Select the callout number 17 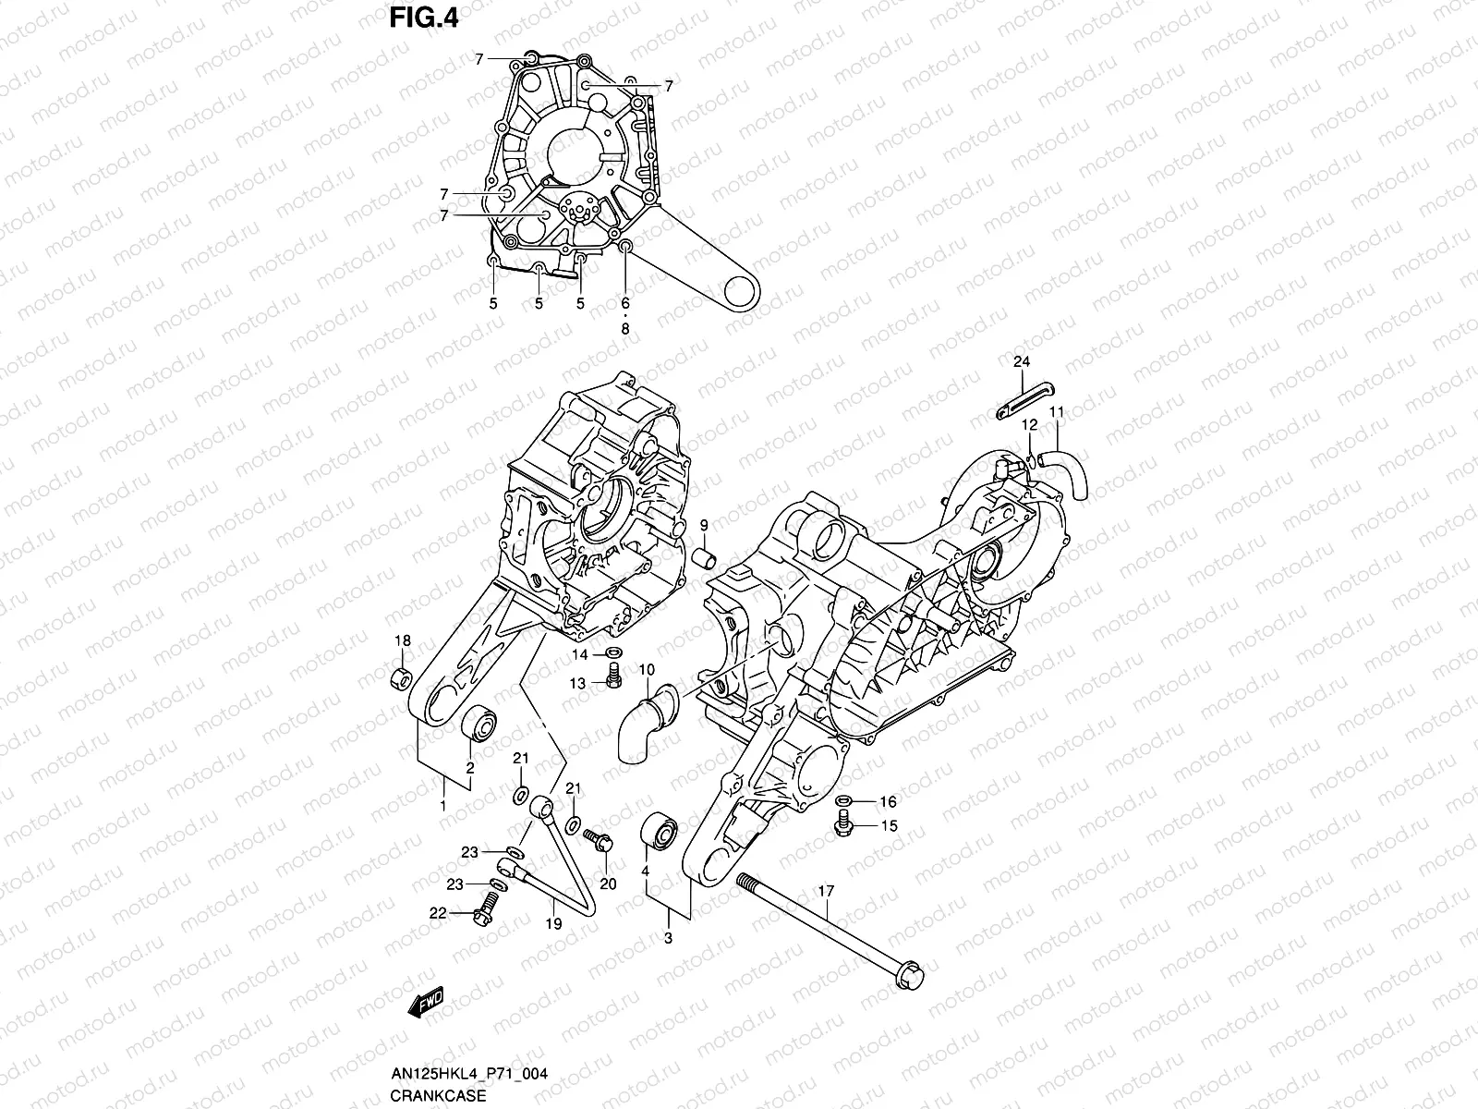click(x=826, y=892)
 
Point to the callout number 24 click(x=1021, y=361)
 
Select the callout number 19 click(x=551, y=923)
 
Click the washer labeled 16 click(x=844, y=800)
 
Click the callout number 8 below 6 click(x=625, y=327)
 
